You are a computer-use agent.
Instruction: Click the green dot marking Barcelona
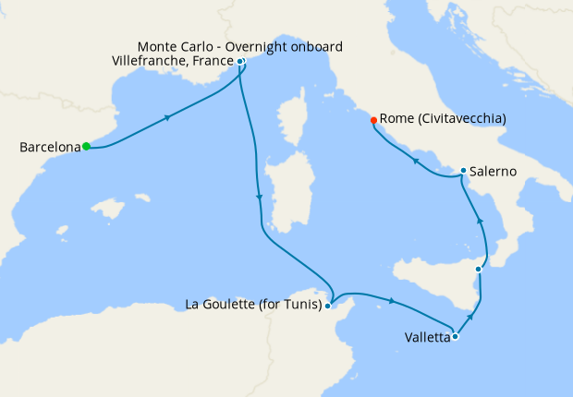pyautogui.click(x=86, y=146)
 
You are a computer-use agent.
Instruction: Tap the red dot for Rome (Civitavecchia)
pyautogui.click(x=373, y=120)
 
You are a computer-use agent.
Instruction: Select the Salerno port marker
pyautogui.click(x=463, y=171)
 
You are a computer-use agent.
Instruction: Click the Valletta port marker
pyautogui.click(x=455, y=337)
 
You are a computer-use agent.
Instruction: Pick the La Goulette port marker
pyautogui.click(x=328, y=305)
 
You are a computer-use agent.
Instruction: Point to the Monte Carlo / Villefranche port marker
pyautogui.click(x=240, y=62)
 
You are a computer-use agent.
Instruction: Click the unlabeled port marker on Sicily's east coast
pyautogui.click(x=478, y=269)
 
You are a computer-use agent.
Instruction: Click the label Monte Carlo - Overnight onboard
pyautogui.click(x=240, y=46)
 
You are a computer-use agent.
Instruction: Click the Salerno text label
pyautogui.click(x=493, y=172)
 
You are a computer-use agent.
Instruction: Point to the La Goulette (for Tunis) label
pyautogui.click(x=253, y=304)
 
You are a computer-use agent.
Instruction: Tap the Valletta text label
pyautogui.click(x=427, y=338)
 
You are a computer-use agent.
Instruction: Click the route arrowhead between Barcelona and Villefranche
pyautogui.click(x=167, y=117)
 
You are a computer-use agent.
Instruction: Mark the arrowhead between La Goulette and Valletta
pyautogui.click(x=395, y=302)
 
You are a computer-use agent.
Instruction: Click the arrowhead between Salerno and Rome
pyautogui.click(x=415, y=162)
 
